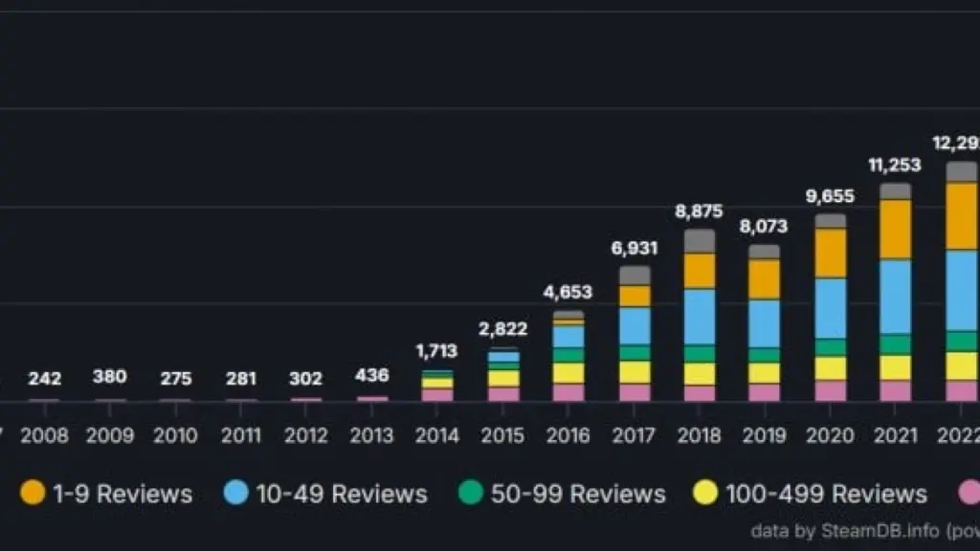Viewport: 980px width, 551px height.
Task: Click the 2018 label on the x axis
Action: [699, 435]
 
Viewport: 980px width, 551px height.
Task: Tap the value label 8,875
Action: [699, 211]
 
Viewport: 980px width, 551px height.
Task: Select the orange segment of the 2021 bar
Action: [896, 230]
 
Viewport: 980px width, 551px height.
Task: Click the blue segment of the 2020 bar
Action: [830, 308]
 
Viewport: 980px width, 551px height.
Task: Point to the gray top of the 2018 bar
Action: [700, 240]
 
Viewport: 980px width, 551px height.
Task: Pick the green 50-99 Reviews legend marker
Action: [470, 493]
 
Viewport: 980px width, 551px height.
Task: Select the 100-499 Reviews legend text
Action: [826, 494]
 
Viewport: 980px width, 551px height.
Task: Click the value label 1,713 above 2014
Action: [436, 351]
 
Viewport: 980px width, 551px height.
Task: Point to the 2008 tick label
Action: [45, 435]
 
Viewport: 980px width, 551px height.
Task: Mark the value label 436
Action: [371, 378]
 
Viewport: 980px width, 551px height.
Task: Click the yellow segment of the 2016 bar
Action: [568, 373]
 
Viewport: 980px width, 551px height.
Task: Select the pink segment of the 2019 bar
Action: [764, 392]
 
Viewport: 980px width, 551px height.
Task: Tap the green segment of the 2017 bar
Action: [635, 352]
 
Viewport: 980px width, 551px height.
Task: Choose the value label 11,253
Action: [895, 165]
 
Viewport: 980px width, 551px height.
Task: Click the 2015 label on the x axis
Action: [502, 435]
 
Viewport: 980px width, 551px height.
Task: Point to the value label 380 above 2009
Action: [110, 377]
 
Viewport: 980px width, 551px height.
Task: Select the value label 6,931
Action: [634, 248]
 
